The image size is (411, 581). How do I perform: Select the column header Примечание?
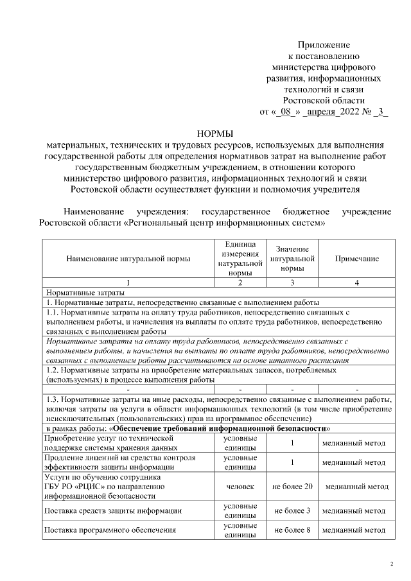tap(356, 259)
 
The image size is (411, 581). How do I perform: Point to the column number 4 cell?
tap(356, 282)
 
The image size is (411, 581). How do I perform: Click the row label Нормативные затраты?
tap(75, 292)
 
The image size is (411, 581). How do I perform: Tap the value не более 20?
tap(292, 487)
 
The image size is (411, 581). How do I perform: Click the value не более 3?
tap(292, 511)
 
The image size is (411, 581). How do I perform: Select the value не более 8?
tap(292, 531)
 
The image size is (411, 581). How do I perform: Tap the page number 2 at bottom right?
tap(392, 565)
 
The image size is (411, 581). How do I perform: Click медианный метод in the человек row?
tap(356, 487)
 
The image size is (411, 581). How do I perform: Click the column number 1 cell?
tap(128, 282)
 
